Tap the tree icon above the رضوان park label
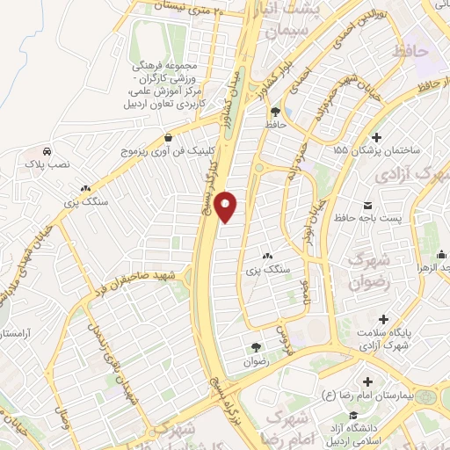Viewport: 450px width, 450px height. (x=255, y=347)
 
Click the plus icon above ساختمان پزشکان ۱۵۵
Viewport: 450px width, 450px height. (x=377, y=137)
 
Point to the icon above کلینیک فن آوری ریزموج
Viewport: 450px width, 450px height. (x=168, y=137)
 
